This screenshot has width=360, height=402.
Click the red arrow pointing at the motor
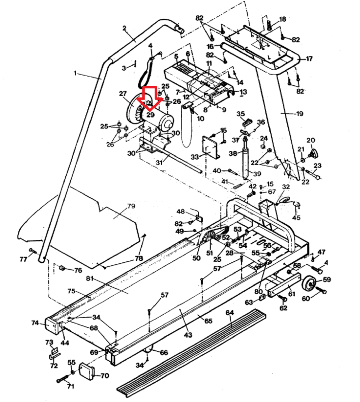[150, 98]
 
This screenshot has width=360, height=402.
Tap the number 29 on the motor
[150, 115]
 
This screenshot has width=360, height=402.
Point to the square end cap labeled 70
[87, 372]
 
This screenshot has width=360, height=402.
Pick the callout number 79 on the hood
[131, 206]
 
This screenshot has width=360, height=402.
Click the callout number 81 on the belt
[90, 278]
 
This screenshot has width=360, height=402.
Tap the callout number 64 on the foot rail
[230, 312]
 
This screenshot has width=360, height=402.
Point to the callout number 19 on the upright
[300, 114]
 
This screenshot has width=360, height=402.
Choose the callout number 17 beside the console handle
[309, 59]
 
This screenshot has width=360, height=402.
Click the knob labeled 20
[314, 153]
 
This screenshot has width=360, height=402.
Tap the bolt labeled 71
[63, 380]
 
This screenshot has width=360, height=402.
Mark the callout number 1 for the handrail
[75, 73]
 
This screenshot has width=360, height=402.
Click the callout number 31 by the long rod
[159, 163]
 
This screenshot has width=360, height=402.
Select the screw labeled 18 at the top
[269, 25]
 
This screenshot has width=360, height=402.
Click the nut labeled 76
[62, 268]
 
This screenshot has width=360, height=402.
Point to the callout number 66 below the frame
[164, 353]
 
